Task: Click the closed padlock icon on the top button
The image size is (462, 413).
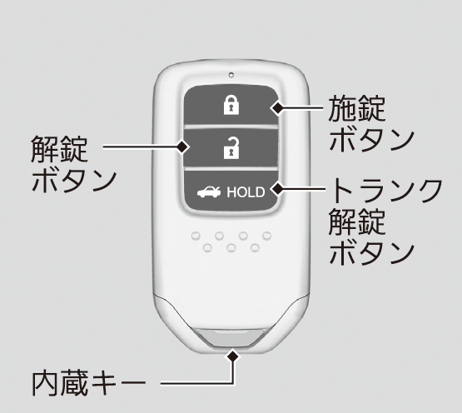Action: [231, 105]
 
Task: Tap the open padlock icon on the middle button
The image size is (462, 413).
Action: [231, 148]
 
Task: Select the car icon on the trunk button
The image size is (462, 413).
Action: [209, 192]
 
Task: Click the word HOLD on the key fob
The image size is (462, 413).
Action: [246, 192]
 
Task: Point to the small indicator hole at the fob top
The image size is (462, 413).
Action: [231, 75]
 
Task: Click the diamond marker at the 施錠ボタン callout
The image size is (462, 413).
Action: [277, 108]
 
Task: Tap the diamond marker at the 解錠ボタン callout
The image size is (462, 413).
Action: [182, 147]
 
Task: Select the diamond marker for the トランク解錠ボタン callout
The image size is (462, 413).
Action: [278, 189]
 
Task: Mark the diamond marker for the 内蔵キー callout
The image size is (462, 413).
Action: [233, 356]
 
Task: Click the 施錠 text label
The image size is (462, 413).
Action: [357, 108]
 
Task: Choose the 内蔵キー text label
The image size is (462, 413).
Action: [89, 383]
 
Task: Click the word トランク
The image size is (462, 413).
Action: [386, 190]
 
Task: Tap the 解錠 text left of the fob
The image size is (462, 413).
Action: [59, 149]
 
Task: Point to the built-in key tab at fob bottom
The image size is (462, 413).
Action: [231, 338]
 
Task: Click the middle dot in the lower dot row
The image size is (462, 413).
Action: [231, 248]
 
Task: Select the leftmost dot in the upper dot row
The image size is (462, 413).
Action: [196, 236]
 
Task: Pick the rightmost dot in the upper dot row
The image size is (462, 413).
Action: [267, 236]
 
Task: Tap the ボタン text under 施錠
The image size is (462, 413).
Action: [372, 140]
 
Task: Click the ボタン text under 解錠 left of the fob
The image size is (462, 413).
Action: [74, 181]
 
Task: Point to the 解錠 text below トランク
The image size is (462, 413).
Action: [357, 221]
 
